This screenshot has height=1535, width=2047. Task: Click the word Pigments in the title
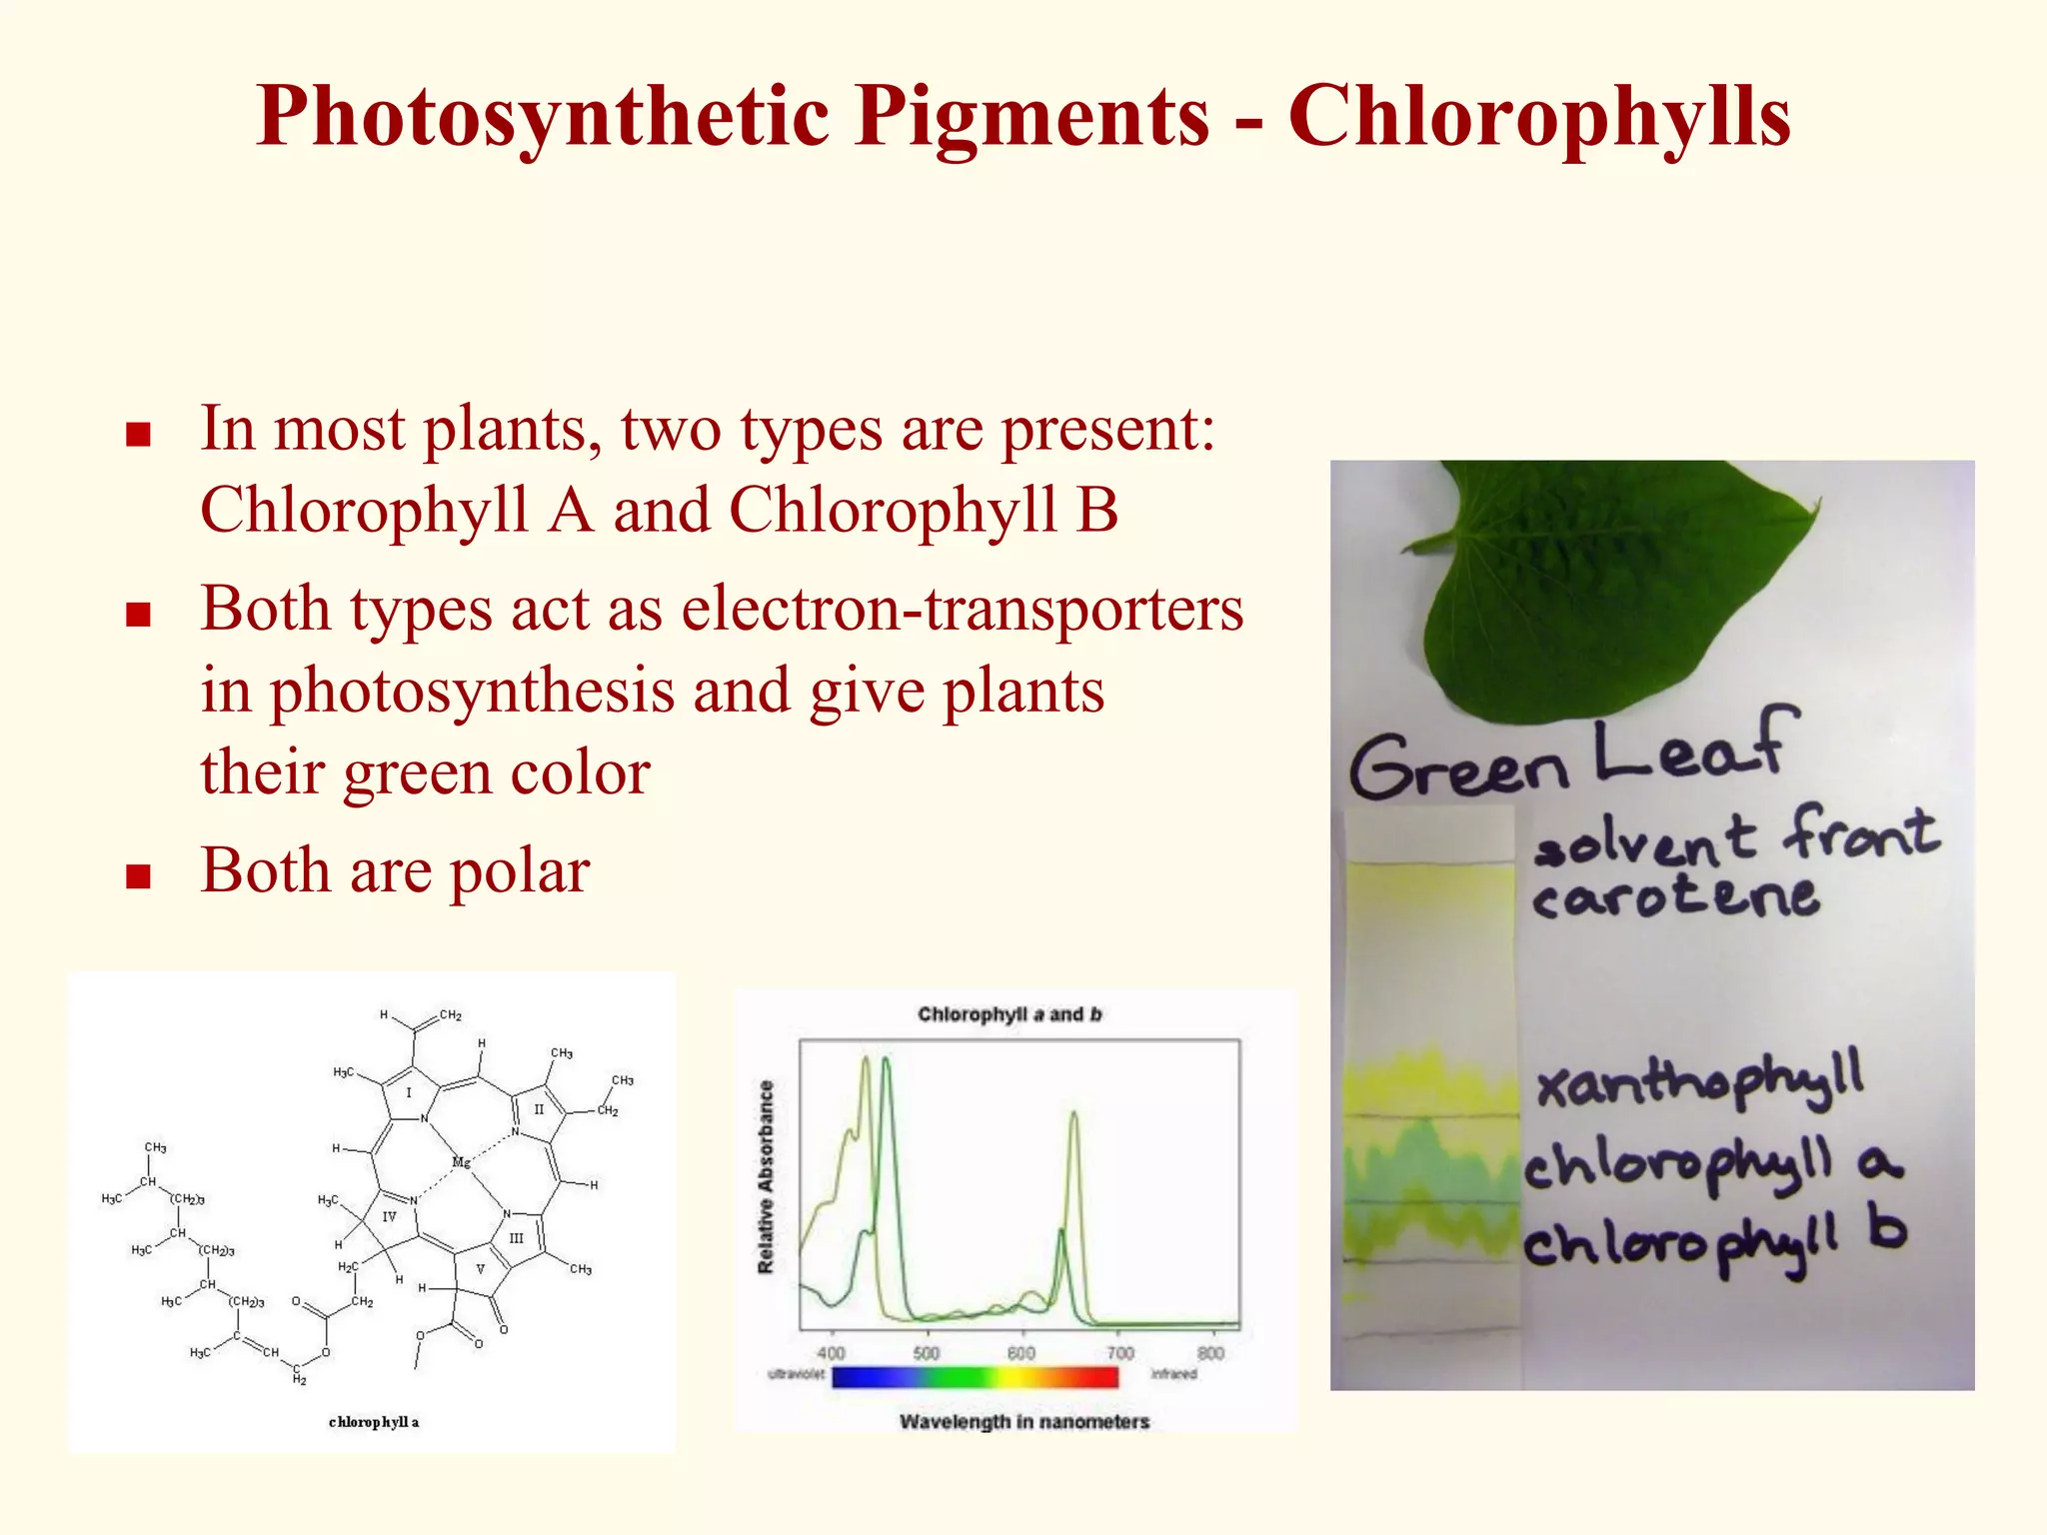click(1030, 118)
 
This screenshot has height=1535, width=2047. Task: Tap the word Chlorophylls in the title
click(1539, 118)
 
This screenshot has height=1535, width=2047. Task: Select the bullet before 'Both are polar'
click(138, 876)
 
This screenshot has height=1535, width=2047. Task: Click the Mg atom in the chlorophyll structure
click(461, 1162)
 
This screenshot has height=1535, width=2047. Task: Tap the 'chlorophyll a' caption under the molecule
click(374, 1422)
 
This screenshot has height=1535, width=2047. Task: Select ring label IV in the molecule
click(389, 1216)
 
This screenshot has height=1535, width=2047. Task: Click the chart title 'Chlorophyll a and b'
click(1010, 1014)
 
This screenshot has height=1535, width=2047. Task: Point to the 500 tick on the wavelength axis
click(927, 1353)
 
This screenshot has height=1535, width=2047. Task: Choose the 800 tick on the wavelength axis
click(1210, 1353)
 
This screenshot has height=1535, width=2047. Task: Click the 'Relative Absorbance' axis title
click(767, 1177)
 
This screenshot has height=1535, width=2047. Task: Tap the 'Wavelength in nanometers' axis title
click(1024, 1421)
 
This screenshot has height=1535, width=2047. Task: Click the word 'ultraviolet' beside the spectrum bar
click(796, 1375)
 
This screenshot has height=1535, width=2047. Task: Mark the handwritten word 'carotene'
click(1675, 896)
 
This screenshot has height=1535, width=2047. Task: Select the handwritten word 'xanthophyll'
click(1699, 1081)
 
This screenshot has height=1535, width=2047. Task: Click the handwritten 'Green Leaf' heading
click(1569, 760)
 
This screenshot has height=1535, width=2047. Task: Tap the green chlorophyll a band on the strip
click(1429, 1164)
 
